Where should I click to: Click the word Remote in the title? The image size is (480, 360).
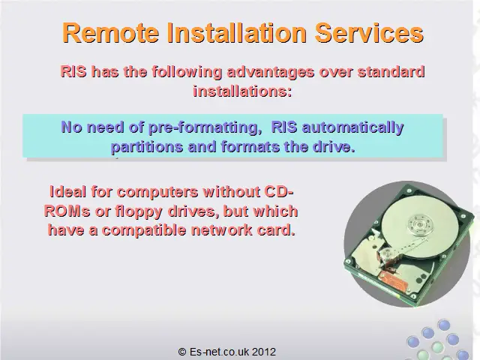pyautogui.click(x=111, y=33)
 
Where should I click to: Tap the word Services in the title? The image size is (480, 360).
pyautogui.click(x=369, y=33)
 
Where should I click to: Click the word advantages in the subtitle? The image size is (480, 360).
pyautogui.click(x=271, y=72)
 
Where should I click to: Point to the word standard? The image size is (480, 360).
pyautogui.click(x=391, y=72)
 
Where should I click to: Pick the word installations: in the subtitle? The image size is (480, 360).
pyautogui.click(x=242, y=91)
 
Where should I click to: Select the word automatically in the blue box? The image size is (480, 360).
pyautogui.click(x=353, y=127)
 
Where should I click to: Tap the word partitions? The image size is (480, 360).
pyautogui.click(x=147, y=147)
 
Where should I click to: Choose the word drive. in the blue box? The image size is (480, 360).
pyautogui.click(x=334, y=146)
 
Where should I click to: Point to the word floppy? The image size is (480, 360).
pyautogui.click(x=138, y=211)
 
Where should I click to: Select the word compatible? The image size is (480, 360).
pyautogui.click(x=144, y=230)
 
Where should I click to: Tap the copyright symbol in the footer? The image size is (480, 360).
pyautogui.click(x=182, y=352)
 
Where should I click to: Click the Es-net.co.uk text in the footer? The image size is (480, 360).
pyautogui.click(x=219, y=352)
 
